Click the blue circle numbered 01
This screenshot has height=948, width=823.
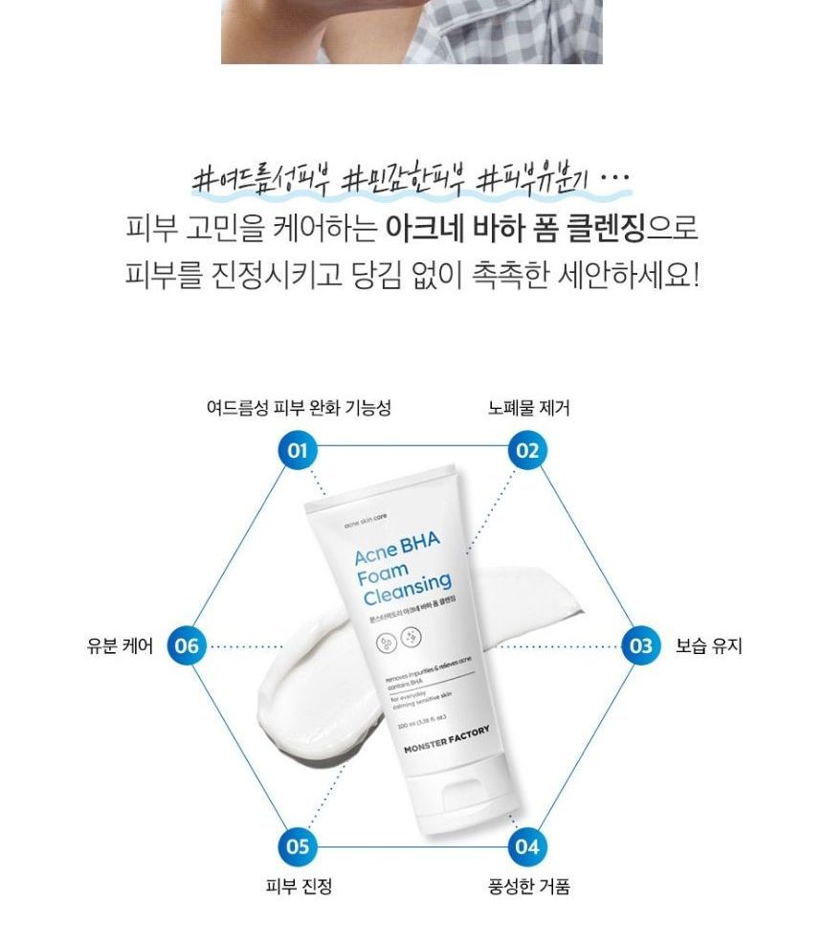(298, 450)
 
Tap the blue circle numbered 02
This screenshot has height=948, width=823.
(525, 450)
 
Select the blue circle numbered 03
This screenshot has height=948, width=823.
(641, 646)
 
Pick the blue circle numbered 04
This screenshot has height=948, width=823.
(526, 846)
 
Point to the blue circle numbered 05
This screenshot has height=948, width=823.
(298, 846)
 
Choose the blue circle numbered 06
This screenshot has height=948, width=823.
(186, 646)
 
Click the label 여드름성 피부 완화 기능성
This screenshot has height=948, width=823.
(299, 408)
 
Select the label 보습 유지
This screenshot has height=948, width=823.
(709, 646)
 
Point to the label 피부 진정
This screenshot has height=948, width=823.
(299, 887)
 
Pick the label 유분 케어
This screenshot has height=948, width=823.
(120, 646)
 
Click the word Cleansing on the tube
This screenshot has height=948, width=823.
(407, 589)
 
